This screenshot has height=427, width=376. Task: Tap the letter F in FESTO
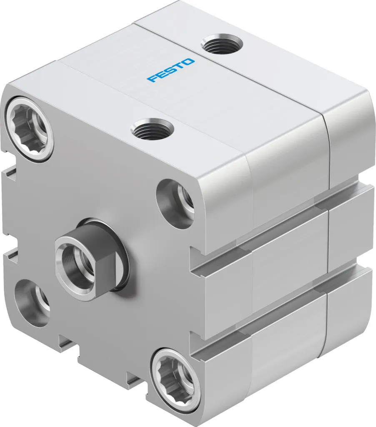tap(152, 78)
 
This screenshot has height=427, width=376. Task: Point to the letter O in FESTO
tap(188, 62)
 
